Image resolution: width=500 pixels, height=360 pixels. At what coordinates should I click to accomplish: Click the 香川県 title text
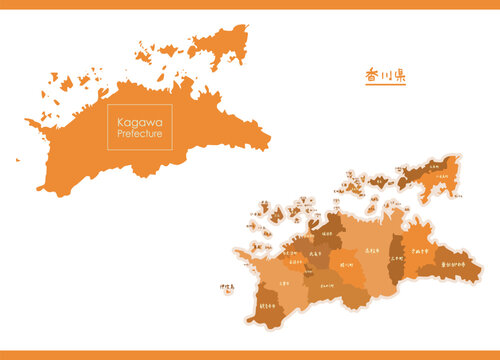(385, 75)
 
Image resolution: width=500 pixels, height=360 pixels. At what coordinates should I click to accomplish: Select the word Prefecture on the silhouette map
(139, 134)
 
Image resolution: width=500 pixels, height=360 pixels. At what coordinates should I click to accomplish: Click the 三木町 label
(397, 240)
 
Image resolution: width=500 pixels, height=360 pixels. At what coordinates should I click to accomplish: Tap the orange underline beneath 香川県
(385, 85)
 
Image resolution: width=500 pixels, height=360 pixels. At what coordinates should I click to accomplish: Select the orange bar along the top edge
(250, 4)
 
